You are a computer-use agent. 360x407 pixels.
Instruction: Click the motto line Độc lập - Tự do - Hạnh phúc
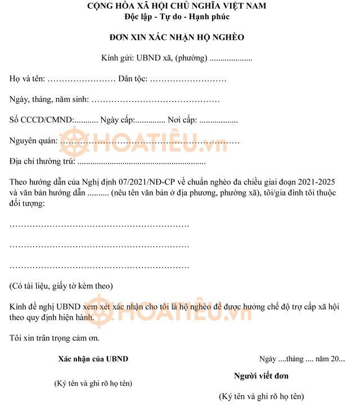pos(176,16)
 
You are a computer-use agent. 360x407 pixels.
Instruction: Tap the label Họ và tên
pos(27,79)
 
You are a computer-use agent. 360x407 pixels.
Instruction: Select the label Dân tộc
pos(132,79)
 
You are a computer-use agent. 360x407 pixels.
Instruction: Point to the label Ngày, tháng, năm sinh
pos(49,100)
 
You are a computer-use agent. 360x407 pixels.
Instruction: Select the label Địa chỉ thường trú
pos(42,162)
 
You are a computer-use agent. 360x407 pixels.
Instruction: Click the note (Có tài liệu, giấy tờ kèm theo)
pos(61,286)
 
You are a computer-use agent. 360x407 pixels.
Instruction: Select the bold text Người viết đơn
pos(261,376)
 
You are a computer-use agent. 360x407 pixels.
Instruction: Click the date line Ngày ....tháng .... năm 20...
pos(302,359)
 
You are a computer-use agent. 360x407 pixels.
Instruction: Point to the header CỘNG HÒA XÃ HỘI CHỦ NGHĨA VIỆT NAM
pos(176,6)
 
